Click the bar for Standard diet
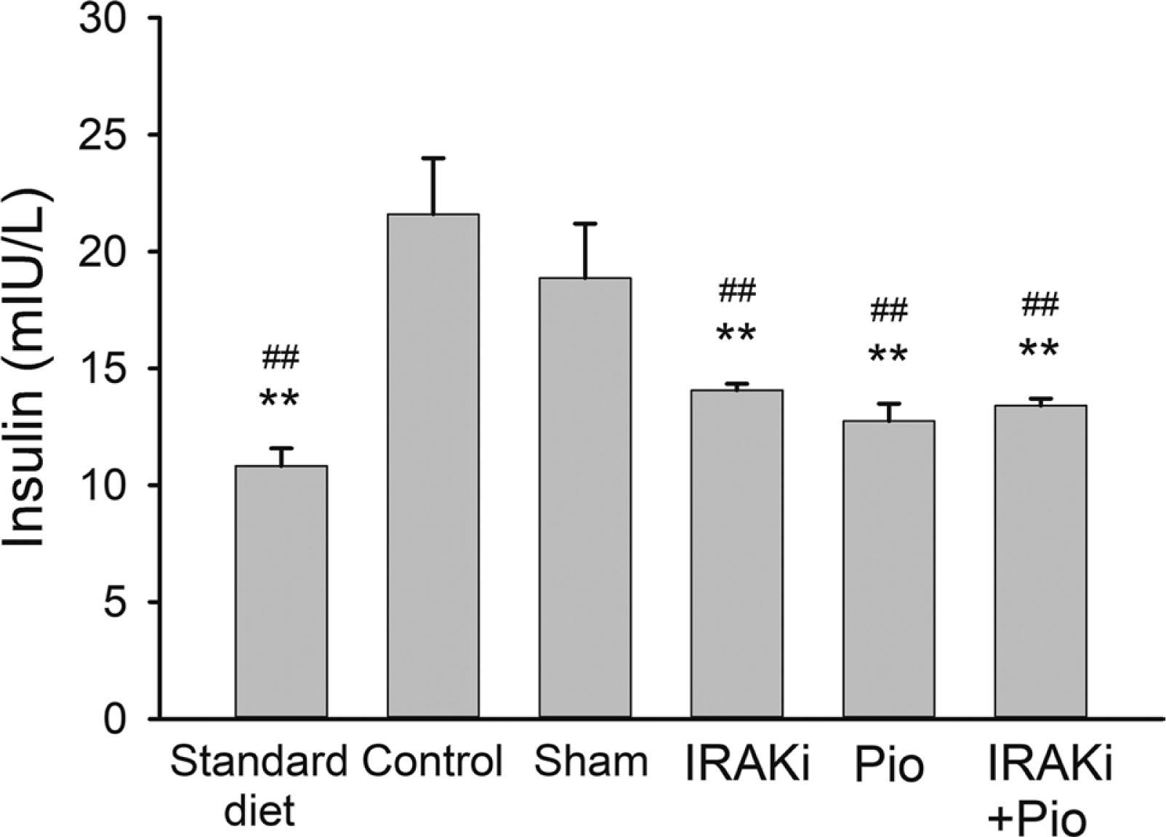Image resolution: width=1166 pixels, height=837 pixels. click(x=281, y=592)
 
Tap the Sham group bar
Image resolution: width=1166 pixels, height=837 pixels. click(x=584, y=498)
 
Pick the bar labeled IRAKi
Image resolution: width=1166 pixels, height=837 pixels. click(x=736, y=554)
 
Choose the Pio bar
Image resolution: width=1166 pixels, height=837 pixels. click(x=888, y=570)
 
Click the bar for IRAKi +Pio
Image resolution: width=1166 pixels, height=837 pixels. click(x=1040, y=562)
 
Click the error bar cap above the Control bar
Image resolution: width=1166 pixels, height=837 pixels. click(x=433, y=158)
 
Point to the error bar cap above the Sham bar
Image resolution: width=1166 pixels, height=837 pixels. click(x=584, y=224)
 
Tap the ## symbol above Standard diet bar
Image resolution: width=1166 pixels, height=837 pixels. click(x=280, y=357)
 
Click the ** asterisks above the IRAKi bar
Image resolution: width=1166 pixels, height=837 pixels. click(x=736, y=334)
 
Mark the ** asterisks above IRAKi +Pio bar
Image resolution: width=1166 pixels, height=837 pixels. click(x=1039, y=349)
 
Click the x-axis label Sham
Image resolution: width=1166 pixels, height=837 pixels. click(x=590, y=762)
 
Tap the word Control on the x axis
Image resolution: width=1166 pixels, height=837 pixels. click(x=433, y=762)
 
